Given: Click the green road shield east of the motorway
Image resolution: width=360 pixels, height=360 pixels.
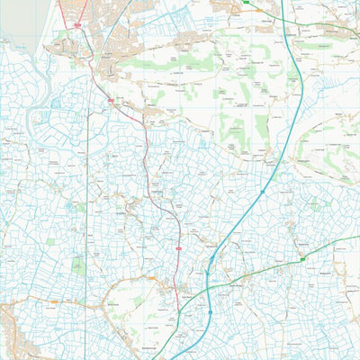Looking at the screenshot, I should (303, 260).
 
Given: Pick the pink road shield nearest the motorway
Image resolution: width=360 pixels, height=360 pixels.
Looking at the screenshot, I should (178, 247).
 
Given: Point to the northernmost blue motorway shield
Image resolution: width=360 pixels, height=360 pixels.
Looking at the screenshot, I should (262, 192).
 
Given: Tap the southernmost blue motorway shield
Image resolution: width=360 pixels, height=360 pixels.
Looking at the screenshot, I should (210, 312).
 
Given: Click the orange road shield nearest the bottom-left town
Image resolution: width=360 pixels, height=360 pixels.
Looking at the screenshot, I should (54, 302).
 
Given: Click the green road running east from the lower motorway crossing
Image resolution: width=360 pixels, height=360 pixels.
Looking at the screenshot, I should (270, 270).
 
